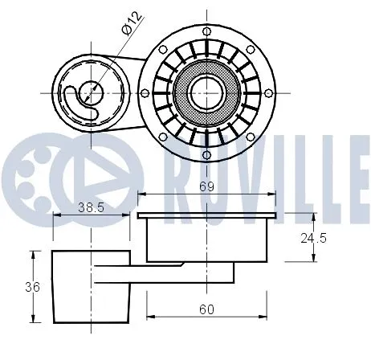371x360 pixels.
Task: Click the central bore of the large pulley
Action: point(206,92)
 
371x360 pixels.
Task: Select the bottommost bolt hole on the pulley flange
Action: point(206,154)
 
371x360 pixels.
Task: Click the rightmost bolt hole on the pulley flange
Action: point(269,92)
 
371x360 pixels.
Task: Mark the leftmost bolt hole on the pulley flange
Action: point(145,92)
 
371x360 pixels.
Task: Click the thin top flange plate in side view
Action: point(206,215)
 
